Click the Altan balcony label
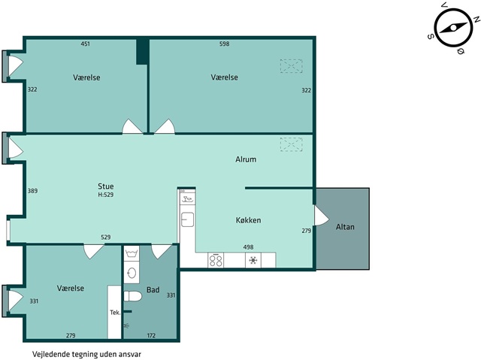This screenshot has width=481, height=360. (x=345, y=227)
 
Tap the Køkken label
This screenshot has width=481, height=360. (x=249, y=220)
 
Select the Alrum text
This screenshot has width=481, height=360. (x=246, y=159)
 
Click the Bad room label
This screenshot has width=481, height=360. (x=153, y=290)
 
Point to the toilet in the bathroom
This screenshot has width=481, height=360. (x=132, y=296)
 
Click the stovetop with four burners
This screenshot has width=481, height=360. (x=216, y=260)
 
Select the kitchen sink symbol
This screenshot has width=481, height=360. (x=187, y=219)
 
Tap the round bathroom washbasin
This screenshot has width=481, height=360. (x=132, y=273)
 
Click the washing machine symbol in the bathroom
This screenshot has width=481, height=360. (x=132, y=253)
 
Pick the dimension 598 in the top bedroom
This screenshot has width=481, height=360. (x=225, y=44)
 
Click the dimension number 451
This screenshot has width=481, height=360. (x=85, y=44)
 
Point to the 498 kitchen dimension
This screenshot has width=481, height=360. (x=248, y=247)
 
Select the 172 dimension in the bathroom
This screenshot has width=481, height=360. (x=151, y=335)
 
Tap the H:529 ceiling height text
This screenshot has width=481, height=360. (x=106, y=195)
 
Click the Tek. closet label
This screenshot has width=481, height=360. (x=115, y=313)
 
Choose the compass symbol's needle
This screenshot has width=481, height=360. (x=453, y=28)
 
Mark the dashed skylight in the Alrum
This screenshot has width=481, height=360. (x=291, y=144)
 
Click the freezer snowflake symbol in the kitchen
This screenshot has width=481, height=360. (x=253, y=260)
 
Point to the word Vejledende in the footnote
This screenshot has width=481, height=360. (x=51, y=355)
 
